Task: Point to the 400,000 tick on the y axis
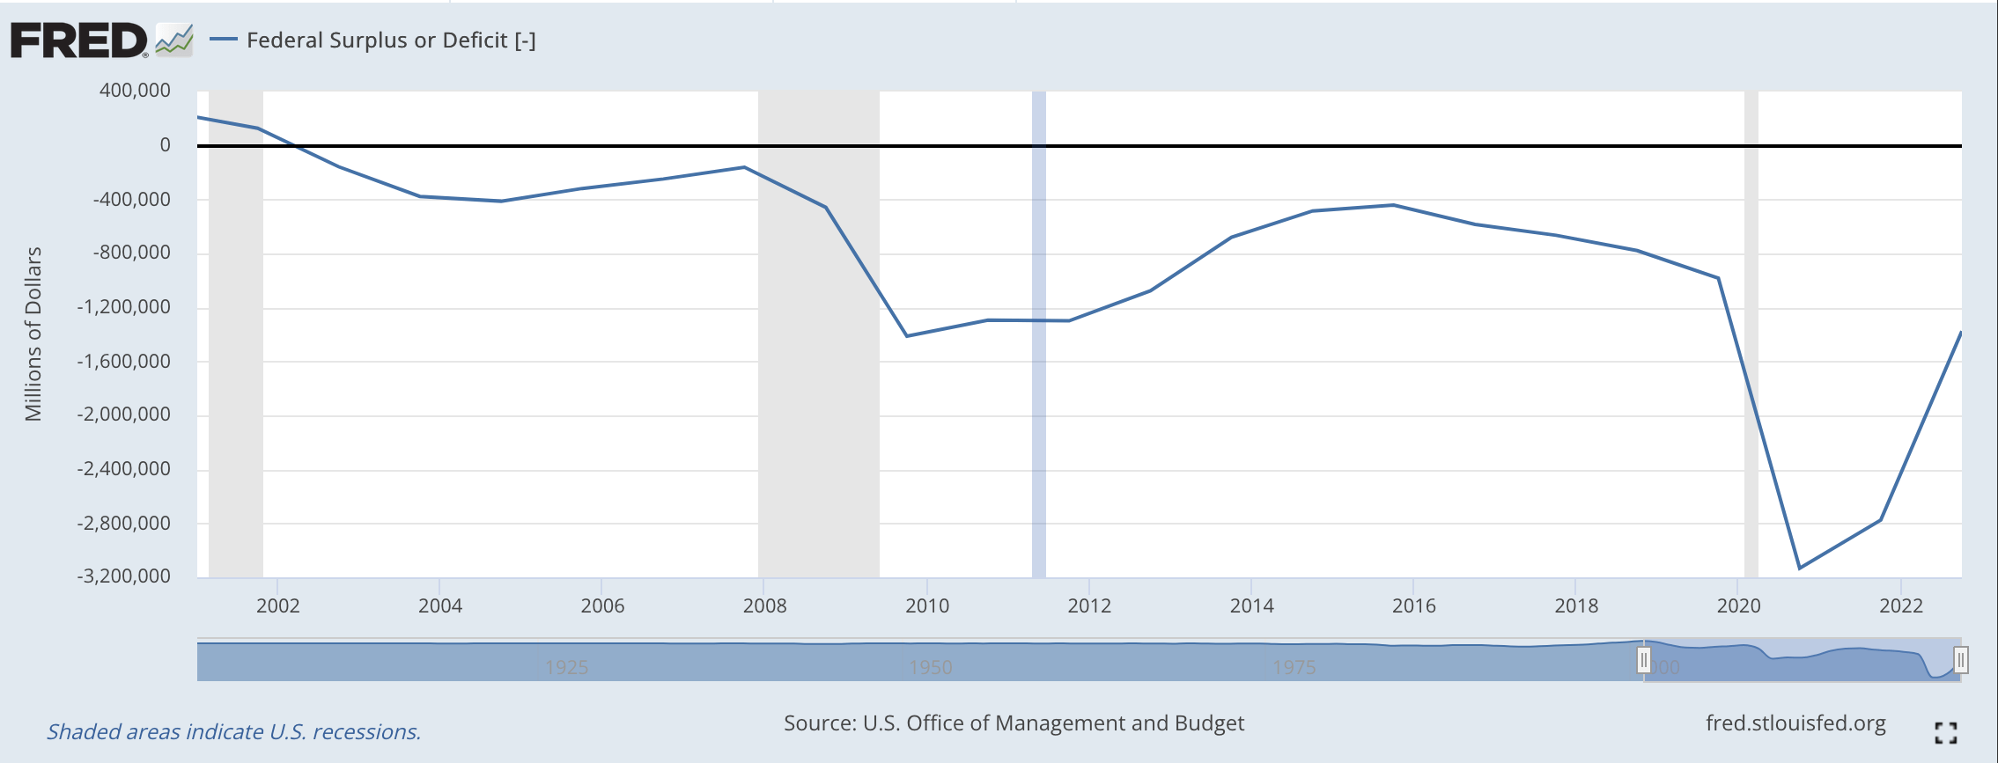[135, 91]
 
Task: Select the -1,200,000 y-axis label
[123, 307]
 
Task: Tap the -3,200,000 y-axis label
[123, 576]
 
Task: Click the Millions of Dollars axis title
[33, 334]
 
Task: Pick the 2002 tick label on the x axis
[277, 605]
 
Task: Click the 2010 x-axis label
[927, 605]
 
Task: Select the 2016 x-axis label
[1413, 605]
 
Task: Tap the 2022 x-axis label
[1901, 605]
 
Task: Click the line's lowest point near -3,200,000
[1799, 568]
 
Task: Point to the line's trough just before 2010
[907, 336]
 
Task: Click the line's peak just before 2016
[1393, 205]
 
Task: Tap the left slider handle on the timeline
[1643, 660]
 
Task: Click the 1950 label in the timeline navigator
[931, 667]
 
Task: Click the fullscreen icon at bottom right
[1945, 732]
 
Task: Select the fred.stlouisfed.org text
[1795, 723]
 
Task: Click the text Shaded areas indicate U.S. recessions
[233, 732]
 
